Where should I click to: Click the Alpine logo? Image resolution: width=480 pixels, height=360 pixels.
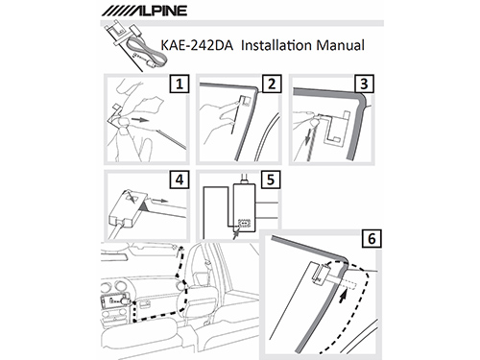tap(144, 11)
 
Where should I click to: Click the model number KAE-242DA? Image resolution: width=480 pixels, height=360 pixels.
tap(197, 45)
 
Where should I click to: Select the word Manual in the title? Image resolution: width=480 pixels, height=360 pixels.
tap(340, 45)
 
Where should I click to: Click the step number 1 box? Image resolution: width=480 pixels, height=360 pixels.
tap(180, 84)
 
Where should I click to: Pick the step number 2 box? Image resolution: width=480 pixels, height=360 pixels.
tap(272, 84)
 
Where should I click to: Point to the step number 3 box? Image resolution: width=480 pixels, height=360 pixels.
tap(364, 84)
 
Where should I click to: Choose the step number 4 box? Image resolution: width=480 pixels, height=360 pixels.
tap(180, 180)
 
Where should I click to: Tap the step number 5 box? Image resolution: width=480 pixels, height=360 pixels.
tap(271, 180)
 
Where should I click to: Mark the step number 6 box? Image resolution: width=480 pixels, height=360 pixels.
tap(372, 238)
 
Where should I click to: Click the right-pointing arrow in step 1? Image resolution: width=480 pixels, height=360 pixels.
tap(139, 120)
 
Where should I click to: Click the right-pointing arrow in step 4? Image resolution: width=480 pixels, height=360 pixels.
tap(160, 201)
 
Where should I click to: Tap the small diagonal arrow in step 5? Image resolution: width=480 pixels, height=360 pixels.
tap(236, 234)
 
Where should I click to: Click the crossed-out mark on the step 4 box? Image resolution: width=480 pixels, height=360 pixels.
tap(132, 197)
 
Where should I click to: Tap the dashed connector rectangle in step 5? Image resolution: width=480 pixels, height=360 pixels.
tap(244, 223)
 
